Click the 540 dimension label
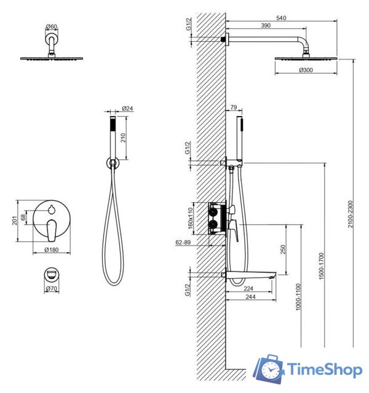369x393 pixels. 281,18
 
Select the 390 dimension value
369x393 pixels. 266,26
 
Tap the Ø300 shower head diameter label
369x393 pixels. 306,70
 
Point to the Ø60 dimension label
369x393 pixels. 52,26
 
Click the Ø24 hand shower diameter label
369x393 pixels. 127,108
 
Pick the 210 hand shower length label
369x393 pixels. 123,138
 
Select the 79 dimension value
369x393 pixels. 234,107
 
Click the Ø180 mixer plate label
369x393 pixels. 52,250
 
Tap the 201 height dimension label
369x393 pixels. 15,220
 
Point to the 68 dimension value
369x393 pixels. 23,217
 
